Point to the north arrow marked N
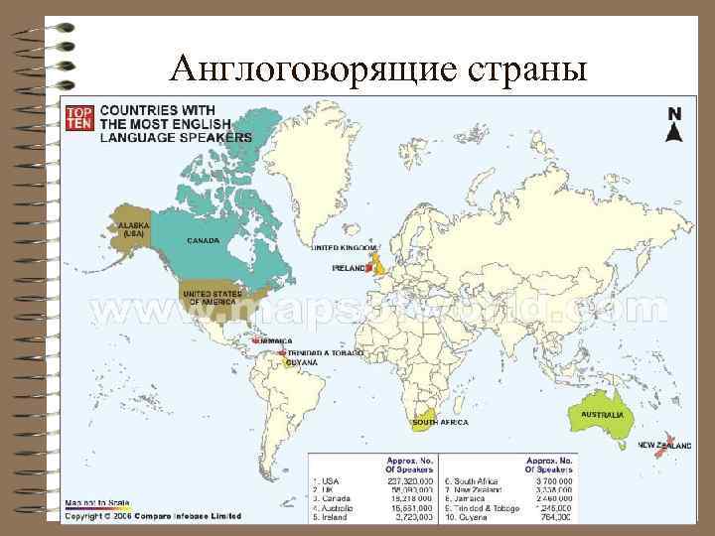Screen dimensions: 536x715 tap(673, 125)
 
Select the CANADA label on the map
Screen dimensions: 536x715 tap(204, 240)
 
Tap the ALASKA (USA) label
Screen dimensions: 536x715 tap(133, 229)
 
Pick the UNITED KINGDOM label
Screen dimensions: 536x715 tap(344, 247)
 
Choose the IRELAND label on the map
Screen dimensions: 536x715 tap(350, 267)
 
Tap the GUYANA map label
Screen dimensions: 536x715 tap(302, 363)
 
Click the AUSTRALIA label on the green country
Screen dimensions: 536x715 tap(602, 413)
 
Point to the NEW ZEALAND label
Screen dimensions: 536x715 tap(664, 446)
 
